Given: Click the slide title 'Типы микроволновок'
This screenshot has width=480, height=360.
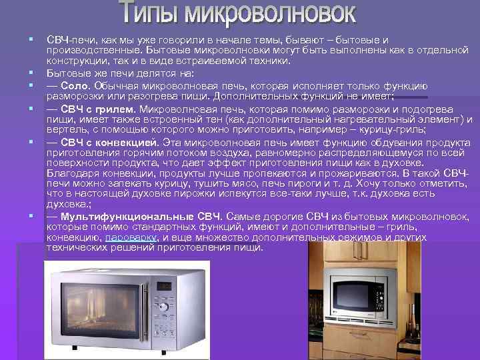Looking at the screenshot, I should (x=238, y=13).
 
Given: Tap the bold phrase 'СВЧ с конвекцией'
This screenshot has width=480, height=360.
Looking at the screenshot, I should (x=108, y=142).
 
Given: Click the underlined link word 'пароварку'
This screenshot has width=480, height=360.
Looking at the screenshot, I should (x=131, y=237).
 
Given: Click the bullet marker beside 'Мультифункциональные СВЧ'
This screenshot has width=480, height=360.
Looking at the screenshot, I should (x=31, y=216).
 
